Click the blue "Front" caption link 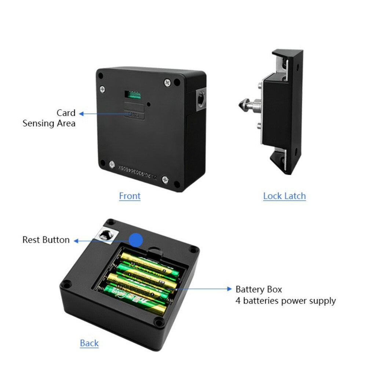(130, 196)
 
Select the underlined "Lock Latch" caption (284, 196)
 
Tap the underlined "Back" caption (89, 343)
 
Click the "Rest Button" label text (46, 240)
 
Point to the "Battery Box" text (259, 290)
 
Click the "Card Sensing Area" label (49, 118)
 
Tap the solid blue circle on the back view (136, 240)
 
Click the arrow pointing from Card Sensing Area (103, 114)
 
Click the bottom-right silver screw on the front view (165, 179)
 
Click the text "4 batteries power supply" (286, 301)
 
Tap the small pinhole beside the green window (149, 104)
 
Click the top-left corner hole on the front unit (101, 75)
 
